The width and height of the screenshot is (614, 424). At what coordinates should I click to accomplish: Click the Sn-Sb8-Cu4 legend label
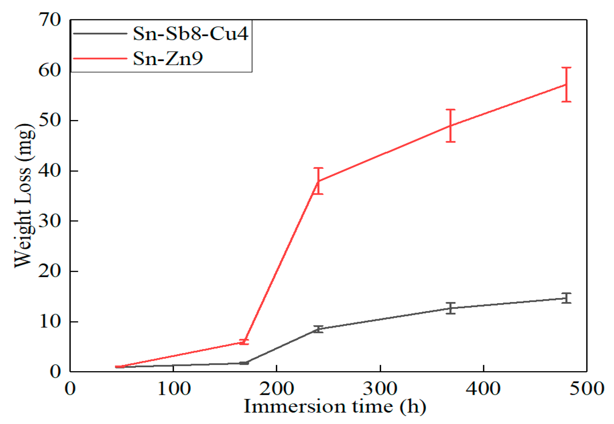click(190, 33)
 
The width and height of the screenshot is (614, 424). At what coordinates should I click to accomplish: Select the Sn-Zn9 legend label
click(168, 58)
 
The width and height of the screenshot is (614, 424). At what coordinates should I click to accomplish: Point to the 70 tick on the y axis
click(50, 20)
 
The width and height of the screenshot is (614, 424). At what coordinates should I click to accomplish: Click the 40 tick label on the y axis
click(50, 171)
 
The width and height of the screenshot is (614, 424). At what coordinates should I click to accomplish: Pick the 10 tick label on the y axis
click(50, 321)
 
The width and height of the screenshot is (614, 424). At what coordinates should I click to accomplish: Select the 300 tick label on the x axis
click(380, 389)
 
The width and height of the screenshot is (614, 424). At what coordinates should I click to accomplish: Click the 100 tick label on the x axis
click(173, 389)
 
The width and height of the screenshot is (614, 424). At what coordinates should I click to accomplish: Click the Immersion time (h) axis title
click(335, 406)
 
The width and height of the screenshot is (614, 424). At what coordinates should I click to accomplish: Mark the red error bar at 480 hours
click(566, 84)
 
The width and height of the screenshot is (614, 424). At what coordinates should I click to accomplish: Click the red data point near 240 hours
click(318, 181)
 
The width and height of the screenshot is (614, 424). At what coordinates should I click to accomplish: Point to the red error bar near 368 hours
click(451, 126)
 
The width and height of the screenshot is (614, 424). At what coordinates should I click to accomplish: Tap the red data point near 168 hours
click(244, 342)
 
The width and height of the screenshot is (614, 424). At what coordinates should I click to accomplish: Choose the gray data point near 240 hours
click(318, 329)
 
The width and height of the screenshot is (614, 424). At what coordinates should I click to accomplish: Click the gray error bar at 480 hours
click(566, 298)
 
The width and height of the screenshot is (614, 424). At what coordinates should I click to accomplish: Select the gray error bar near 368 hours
click(451, 308)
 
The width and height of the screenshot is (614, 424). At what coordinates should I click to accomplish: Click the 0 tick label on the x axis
click(70, 389)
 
